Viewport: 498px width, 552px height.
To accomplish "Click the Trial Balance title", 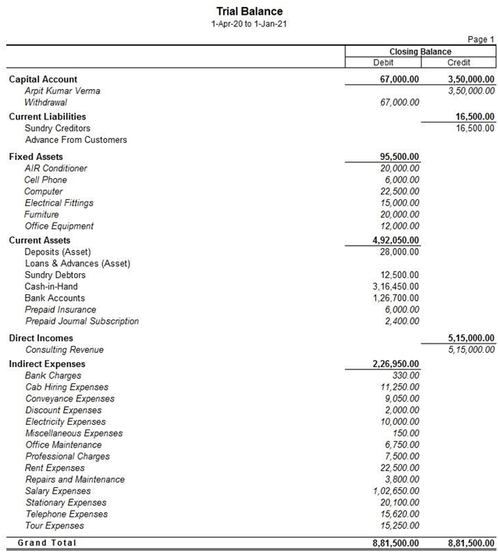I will click(249, 11).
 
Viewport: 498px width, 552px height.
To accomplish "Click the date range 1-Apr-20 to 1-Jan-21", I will click(249, 24).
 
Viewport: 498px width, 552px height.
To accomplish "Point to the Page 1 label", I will click(480, 39).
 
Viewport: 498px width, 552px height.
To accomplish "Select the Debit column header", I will click(383, 62).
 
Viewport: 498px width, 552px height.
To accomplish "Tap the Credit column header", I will click(458, 62).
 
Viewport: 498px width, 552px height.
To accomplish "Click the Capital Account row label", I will click(43, 79).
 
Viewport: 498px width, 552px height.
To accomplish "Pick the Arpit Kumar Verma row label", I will click(62, 91).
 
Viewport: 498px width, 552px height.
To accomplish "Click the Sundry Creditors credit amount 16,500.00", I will click(471, 128).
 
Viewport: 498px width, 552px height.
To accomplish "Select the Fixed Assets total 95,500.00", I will click(396, 156).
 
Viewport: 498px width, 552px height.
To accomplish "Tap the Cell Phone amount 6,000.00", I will click(400, 180).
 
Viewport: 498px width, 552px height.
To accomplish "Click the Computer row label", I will click(44, 191).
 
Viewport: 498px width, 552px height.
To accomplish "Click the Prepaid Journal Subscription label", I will click(82, 321).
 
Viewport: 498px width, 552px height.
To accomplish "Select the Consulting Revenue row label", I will click(64, 350).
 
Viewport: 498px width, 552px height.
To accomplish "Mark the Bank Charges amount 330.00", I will click(406, 376).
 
